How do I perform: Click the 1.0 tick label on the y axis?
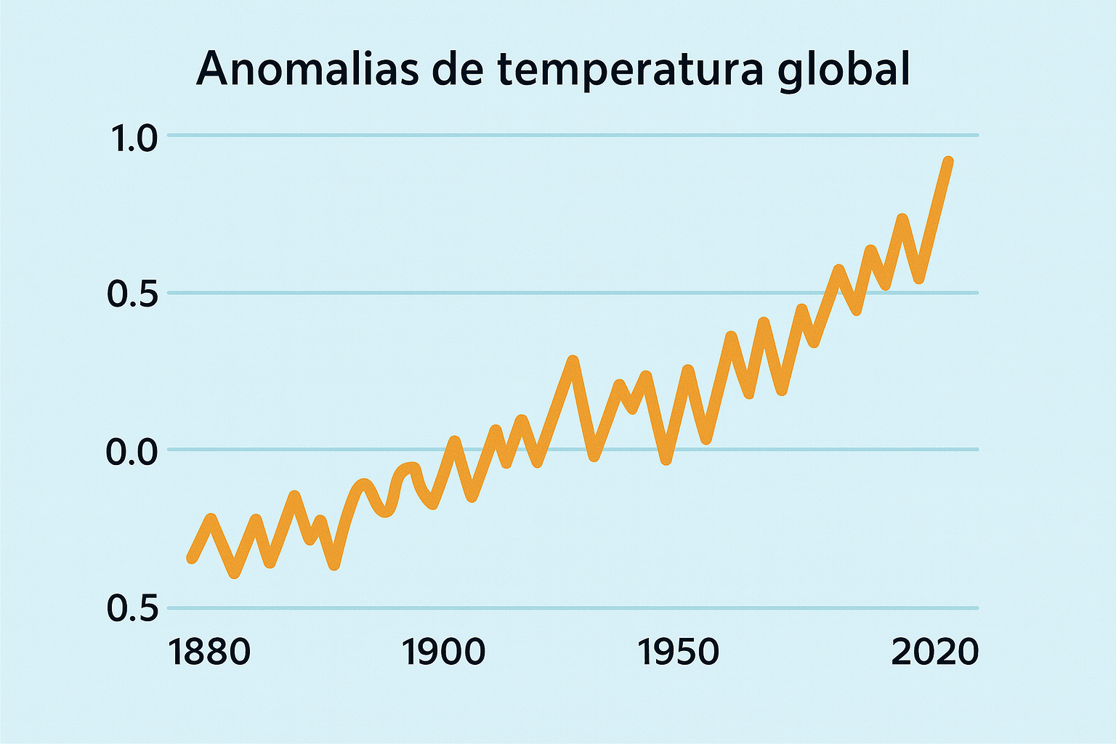[132, 138]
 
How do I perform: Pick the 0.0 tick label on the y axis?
[132, 452]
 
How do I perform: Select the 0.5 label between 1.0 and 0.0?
[132, 294]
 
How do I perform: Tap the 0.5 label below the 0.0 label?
[132, 609]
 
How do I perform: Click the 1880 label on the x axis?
[209, 652]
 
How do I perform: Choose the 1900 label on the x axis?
[443, 652]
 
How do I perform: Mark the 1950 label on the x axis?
[678, 652]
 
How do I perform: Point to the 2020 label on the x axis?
[934, 652]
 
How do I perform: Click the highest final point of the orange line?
[948, 161]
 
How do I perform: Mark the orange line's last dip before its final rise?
[920, 278]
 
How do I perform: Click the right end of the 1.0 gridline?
[977, 135]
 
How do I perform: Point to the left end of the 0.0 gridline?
[169, 450]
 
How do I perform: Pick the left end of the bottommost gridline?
[169, 607]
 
